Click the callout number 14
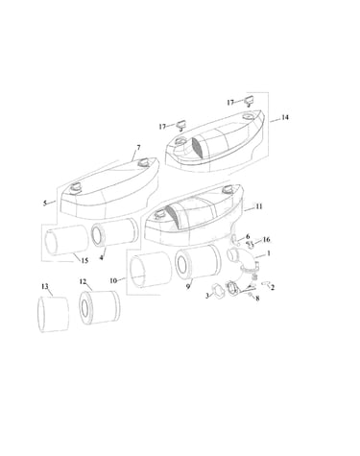pyautogui.click(x=285, y=117)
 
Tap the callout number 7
pyautogui.click(x=138, y=147)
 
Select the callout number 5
pyautogui.click(x=45, y=203)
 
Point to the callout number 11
pyautogui.click(x=259, y=206)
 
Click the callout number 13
pyautogui.click(x=45, y=286)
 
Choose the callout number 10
pyautogui.click(x=113, y=280)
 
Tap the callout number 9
pyautogui.click(x=188, y=286)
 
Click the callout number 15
pyautogui.click(x=84, y=261)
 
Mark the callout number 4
pyautogui.click(x=102, y=257)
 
